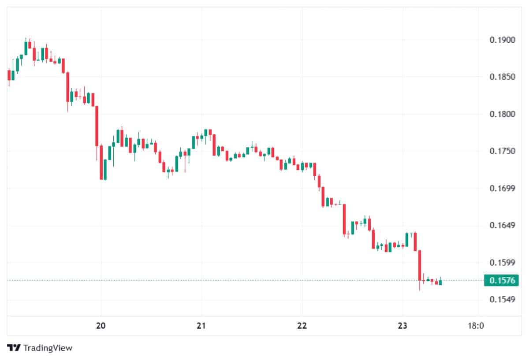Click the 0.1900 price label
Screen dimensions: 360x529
point(502,40)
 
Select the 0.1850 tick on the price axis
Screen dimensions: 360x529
point(502,77)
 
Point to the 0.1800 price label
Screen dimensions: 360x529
point(502,115)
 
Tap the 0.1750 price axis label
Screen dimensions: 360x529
point(502,152)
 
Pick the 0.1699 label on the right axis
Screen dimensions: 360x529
point(502,189)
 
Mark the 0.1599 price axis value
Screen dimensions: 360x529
point(502,263)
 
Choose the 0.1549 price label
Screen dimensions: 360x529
point(502,300)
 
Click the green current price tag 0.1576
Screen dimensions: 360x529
point(500,280)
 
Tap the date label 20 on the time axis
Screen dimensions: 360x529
point(101,326)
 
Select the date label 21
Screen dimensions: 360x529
point(201,326)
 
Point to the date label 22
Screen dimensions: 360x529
point(302,326)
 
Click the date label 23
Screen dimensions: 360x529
point(402,326)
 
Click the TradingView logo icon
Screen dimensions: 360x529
point(14,348)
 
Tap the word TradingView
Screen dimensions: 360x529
point(48,348)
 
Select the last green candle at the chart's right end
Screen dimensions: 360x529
point(440,282)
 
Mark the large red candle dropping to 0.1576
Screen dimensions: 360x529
point(420,265)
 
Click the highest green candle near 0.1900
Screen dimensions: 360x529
point(26,46)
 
